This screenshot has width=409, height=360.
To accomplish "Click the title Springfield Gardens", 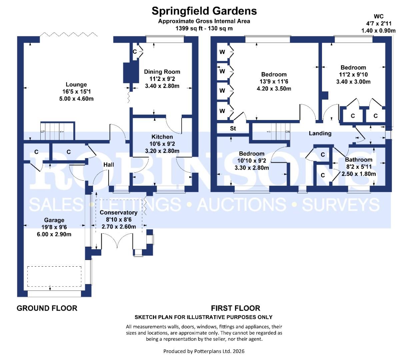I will [x=204, y=11].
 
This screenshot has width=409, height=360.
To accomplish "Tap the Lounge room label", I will [x=76, y=85].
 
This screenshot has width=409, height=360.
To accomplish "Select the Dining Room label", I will [x=162, y=72].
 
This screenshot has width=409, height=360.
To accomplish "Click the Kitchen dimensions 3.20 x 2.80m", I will [x=162, y=151].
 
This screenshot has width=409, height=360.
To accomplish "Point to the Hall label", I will [x=109, y=165].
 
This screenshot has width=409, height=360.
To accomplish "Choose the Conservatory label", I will [x=118, y=213].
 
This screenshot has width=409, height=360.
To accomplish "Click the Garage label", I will [x=54, y=220].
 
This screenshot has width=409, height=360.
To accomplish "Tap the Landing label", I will [x=320, y=133].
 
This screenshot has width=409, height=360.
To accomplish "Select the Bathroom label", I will [x=359, y=160].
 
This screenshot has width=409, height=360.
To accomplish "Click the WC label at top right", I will [x=378, y=16].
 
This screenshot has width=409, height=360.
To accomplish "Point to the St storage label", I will [x=233, y=128].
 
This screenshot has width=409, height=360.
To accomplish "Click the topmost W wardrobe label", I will [x=222, y=52].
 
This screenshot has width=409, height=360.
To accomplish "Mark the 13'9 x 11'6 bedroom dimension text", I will [x=274, y=82].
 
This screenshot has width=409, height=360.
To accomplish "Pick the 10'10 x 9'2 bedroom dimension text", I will [x=252, y=161].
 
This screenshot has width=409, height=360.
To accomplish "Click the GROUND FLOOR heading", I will [x=47, y=308].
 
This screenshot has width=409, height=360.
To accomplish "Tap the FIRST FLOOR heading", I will [x=235, y=308].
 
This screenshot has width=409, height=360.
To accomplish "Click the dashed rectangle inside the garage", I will [x=54, y=276].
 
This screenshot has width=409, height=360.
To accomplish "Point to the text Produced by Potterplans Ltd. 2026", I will [x=204, y=351].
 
